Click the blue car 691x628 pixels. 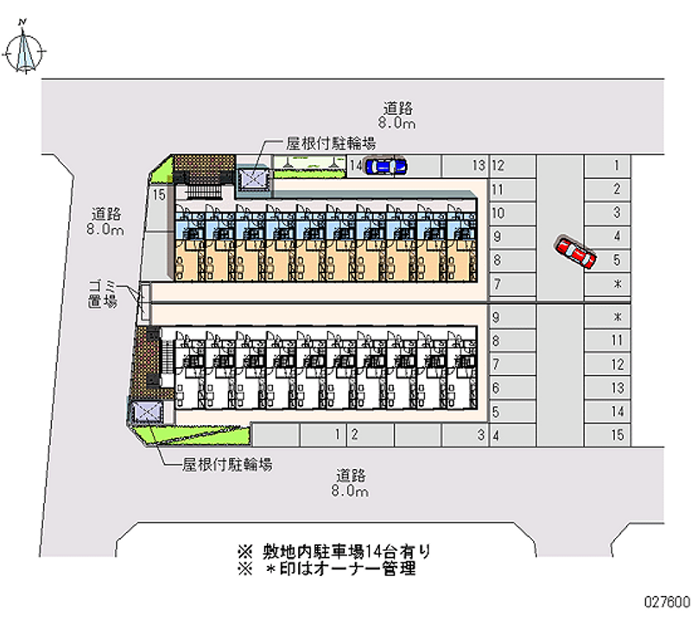(386, 165)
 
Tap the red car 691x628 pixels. (576, 251)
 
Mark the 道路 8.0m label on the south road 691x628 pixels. (350, 483)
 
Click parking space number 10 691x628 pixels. (498, 213)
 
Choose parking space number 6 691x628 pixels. (497, 389)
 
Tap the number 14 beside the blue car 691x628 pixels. (355, 165)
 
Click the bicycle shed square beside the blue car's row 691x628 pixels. (254, 178)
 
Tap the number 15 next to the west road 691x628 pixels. (158, 196)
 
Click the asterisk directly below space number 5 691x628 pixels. (617, 283)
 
